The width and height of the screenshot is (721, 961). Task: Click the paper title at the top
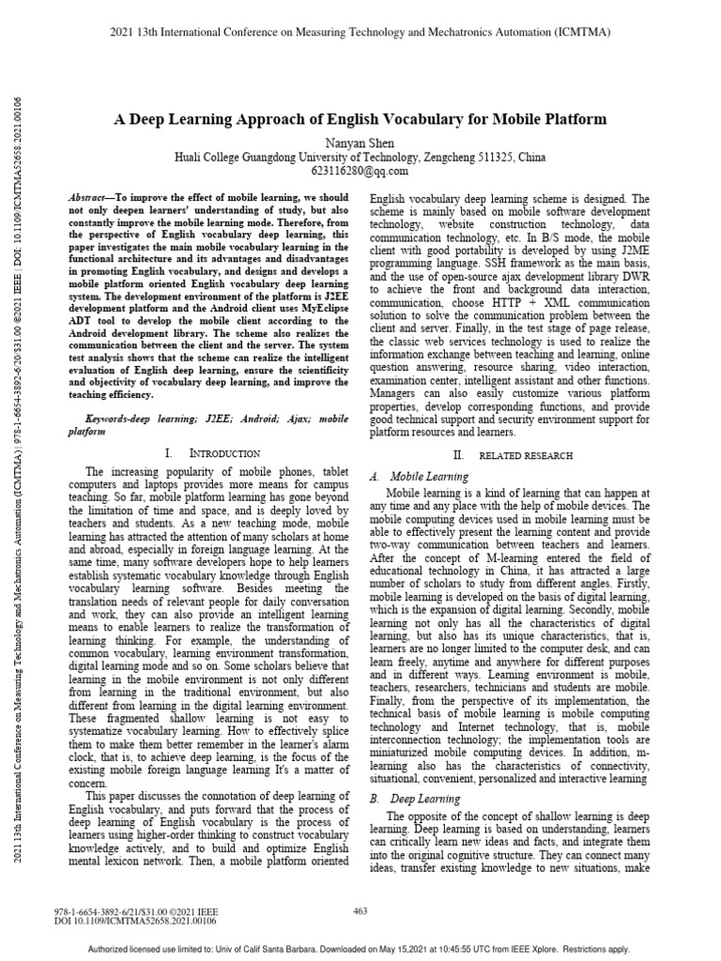click(x=360, y=119)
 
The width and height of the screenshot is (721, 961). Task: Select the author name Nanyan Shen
click(x=360, y=140)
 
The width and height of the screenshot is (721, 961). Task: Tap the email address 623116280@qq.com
click(x=360, y=172)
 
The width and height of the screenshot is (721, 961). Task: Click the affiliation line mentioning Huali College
click(x=360, y=156)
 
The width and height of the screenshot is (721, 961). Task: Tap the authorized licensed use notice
click(x=360, y=950)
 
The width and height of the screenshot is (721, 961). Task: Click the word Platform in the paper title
click(x=575, y=119)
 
